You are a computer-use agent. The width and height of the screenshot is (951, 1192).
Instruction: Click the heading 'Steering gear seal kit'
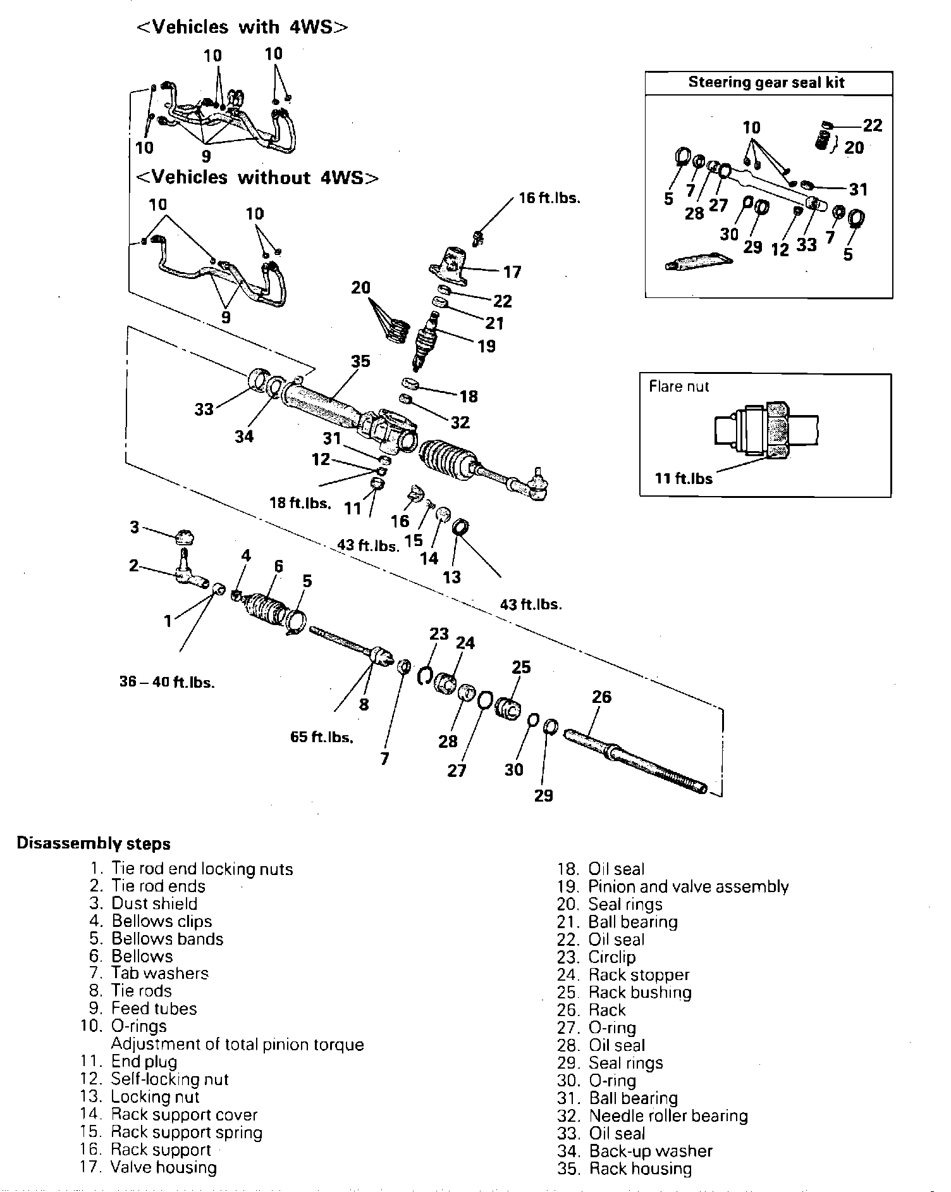(x=766, y=83)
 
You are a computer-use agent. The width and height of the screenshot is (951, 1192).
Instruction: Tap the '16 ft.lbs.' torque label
(x=549, y=198)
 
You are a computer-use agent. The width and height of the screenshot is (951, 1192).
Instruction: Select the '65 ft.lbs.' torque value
(x=322, y=737)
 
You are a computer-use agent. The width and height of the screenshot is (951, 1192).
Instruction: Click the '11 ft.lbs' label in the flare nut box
(x=684, y=478)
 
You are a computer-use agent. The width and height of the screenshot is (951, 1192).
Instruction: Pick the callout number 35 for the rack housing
(x=360, y=361)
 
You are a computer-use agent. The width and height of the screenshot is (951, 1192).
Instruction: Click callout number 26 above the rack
(x=601, y=697)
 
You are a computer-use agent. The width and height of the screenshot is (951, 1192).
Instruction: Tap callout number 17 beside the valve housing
(x=512, y=272)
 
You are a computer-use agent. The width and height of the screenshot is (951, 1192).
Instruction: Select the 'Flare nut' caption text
(x=679, y=387)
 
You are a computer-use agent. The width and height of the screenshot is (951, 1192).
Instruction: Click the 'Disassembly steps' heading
(x=94, y=843)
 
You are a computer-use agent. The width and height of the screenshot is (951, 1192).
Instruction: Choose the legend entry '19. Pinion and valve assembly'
(x=673, y=886)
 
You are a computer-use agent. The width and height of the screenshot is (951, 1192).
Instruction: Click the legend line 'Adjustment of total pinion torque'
(x=237, y=1044)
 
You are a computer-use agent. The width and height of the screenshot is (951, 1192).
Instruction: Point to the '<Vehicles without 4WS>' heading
(x=258, y=178)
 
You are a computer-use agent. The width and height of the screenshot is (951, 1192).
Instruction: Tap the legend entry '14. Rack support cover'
(x=169, y=1114)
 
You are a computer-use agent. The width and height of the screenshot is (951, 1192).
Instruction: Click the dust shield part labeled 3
(x=184, y=537)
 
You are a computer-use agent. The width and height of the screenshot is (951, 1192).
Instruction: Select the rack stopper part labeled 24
(x=447, y=683)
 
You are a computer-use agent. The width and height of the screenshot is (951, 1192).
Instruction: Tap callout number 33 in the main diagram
(x=204, y=409)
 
